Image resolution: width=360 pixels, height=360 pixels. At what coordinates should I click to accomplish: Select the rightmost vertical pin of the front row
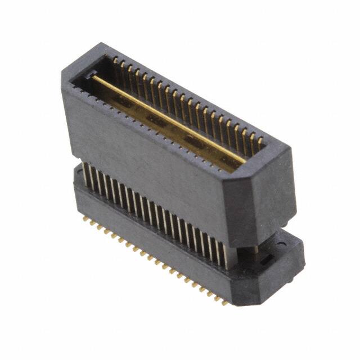click(226, 256)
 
